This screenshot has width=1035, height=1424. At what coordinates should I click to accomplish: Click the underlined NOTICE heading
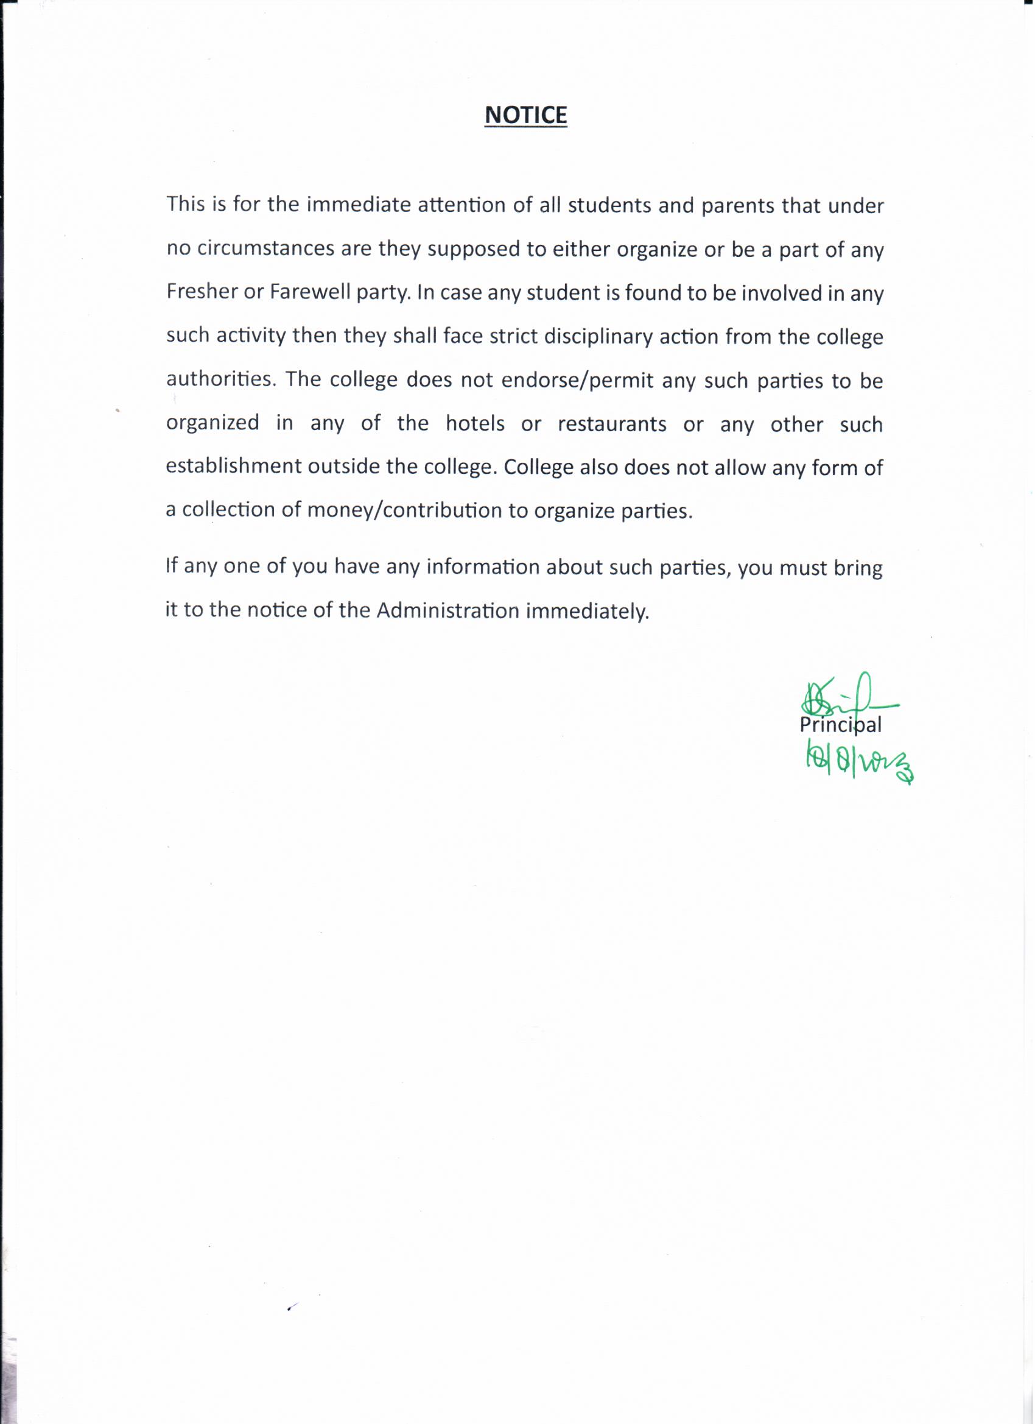tap(526, 115)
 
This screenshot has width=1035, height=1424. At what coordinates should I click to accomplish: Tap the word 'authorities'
tap(220, 380)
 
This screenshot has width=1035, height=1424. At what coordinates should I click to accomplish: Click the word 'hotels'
tap(475, 424)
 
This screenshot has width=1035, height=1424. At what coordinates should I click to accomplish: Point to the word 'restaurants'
tap(612, 425)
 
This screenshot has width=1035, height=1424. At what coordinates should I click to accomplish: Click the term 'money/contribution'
tap(404, 510)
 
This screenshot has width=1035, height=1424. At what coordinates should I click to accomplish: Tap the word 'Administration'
tap(447, 611)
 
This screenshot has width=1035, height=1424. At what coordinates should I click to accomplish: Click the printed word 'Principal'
tap(840, 726)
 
